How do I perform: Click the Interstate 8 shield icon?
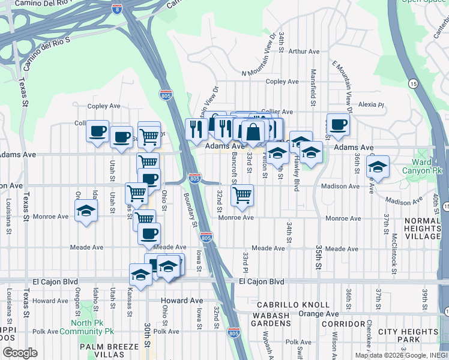point(118,9)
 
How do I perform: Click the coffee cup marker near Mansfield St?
point(338,124)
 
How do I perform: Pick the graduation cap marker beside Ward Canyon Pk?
point(378,166)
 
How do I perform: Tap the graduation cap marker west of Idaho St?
point(86,211)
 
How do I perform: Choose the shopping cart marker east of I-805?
point(242,194)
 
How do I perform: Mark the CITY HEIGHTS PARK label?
point(408,336)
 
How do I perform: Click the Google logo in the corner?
point(20,353)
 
